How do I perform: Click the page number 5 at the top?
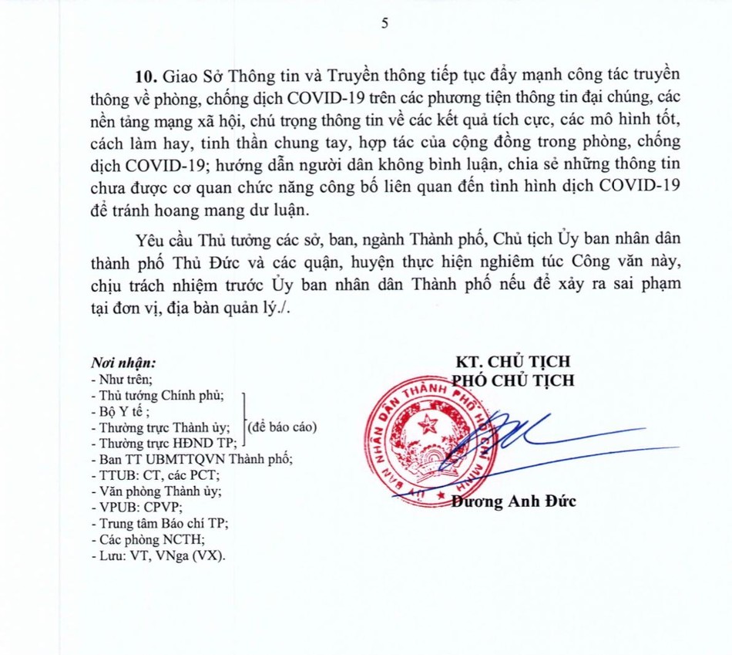[x=384, y=23]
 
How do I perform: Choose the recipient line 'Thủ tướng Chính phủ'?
[x=160, y=395]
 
